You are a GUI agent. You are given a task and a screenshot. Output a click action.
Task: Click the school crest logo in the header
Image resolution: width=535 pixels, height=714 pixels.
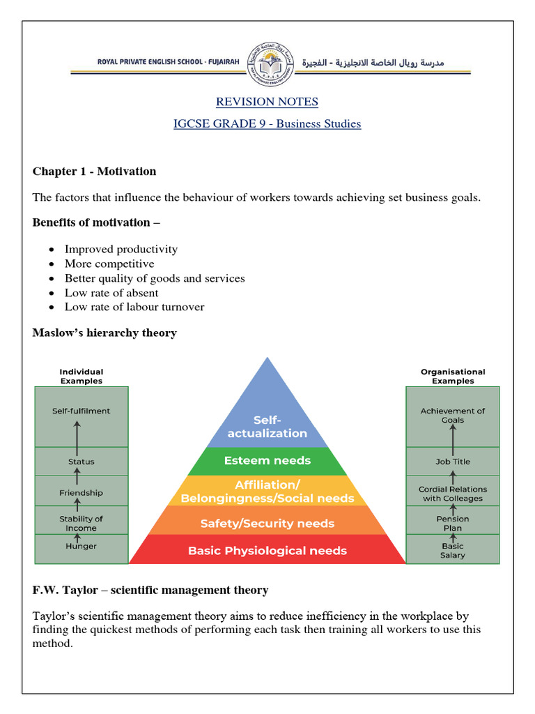(267, 66)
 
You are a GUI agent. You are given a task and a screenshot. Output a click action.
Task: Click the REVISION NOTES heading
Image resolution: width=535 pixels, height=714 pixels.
(267, 102)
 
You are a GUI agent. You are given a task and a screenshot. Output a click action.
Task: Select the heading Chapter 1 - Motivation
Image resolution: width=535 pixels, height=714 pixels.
(94, 171)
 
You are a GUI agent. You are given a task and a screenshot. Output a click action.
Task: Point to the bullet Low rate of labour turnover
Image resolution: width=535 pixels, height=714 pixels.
(134, 307)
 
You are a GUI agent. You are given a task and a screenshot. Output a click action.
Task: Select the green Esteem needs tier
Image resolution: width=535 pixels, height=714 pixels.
(267, 461)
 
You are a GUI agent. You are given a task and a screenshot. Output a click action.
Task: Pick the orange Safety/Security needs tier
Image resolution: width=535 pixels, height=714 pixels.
(267, 524)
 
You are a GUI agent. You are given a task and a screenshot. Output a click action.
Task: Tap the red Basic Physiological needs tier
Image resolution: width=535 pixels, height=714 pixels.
(267, 551)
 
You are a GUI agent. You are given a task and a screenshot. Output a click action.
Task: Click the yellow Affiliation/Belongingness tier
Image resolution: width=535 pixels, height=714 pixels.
(267, 492)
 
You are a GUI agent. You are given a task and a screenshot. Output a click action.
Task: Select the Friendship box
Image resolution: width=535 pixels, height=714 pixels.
(82, 493)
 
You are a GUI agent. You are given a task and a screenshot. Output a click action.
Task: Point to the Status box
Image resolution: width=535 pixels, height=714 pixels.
(82, 462)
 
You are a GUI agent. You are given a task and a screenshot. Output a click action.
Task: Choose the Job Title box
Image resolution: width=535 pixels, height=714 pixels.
(453, 462)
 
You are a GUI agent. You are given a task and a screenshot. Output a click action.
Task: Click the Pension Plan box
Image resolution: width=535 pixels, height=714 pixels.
(453, 523)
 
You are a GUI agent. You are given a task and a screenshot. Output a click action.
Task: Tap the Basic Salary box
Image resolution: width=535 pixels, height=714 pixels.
(453, 550)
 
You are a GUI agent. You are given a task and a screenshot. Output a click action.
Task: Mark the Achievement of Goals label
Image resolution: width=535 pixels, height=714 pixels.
(453, 416)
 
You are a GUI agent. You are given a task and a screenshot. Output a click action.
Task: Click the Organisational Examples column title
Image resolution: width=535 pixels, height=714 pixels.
(453, 376)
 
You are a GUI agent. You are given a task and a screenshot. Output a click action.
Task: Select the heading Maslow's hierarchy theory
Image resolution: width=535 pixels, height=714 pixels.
(104, 333)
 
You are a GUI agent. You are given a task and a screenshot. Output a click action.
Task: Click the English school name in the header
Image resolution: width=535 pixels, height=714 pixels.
(168, 63)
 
